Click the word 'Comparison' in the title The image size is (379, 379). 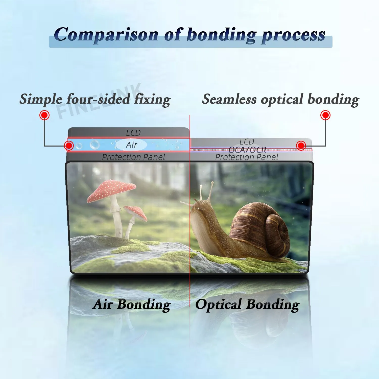tap(106, 35)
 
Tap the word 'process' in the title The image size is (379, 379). tap(293, 35)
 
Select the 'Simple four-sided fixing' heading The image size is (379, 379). tap(95, 99)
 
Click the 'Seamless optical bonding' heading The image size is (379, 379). tap(280, 99)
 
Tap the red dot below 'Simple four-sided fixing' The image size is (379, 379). tap(44, 115)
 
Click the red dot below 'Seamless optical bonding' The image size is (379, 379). tap(325, 115)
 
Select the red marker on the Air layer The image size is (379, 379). tap(69, 146)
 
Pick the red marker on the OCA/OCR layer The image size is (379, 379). tap(301, 146)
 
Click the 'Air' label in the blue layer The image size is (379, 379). tap(131, 145)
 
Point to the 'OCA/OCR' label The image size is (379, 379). tap(247, 150)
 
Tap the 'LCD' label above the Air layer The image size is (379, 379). tap(133, 133)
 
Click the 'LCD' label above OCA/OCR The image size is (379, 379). tap(247, 141)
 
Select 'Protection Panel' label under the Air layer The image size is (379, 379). tap(133, 157)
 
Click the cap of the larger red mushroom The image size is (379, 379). tap(111, 189)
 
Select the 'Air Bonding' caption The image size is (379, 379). tap(131, 304)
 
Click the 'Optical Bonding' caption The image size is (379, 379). tap(247, 304)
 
